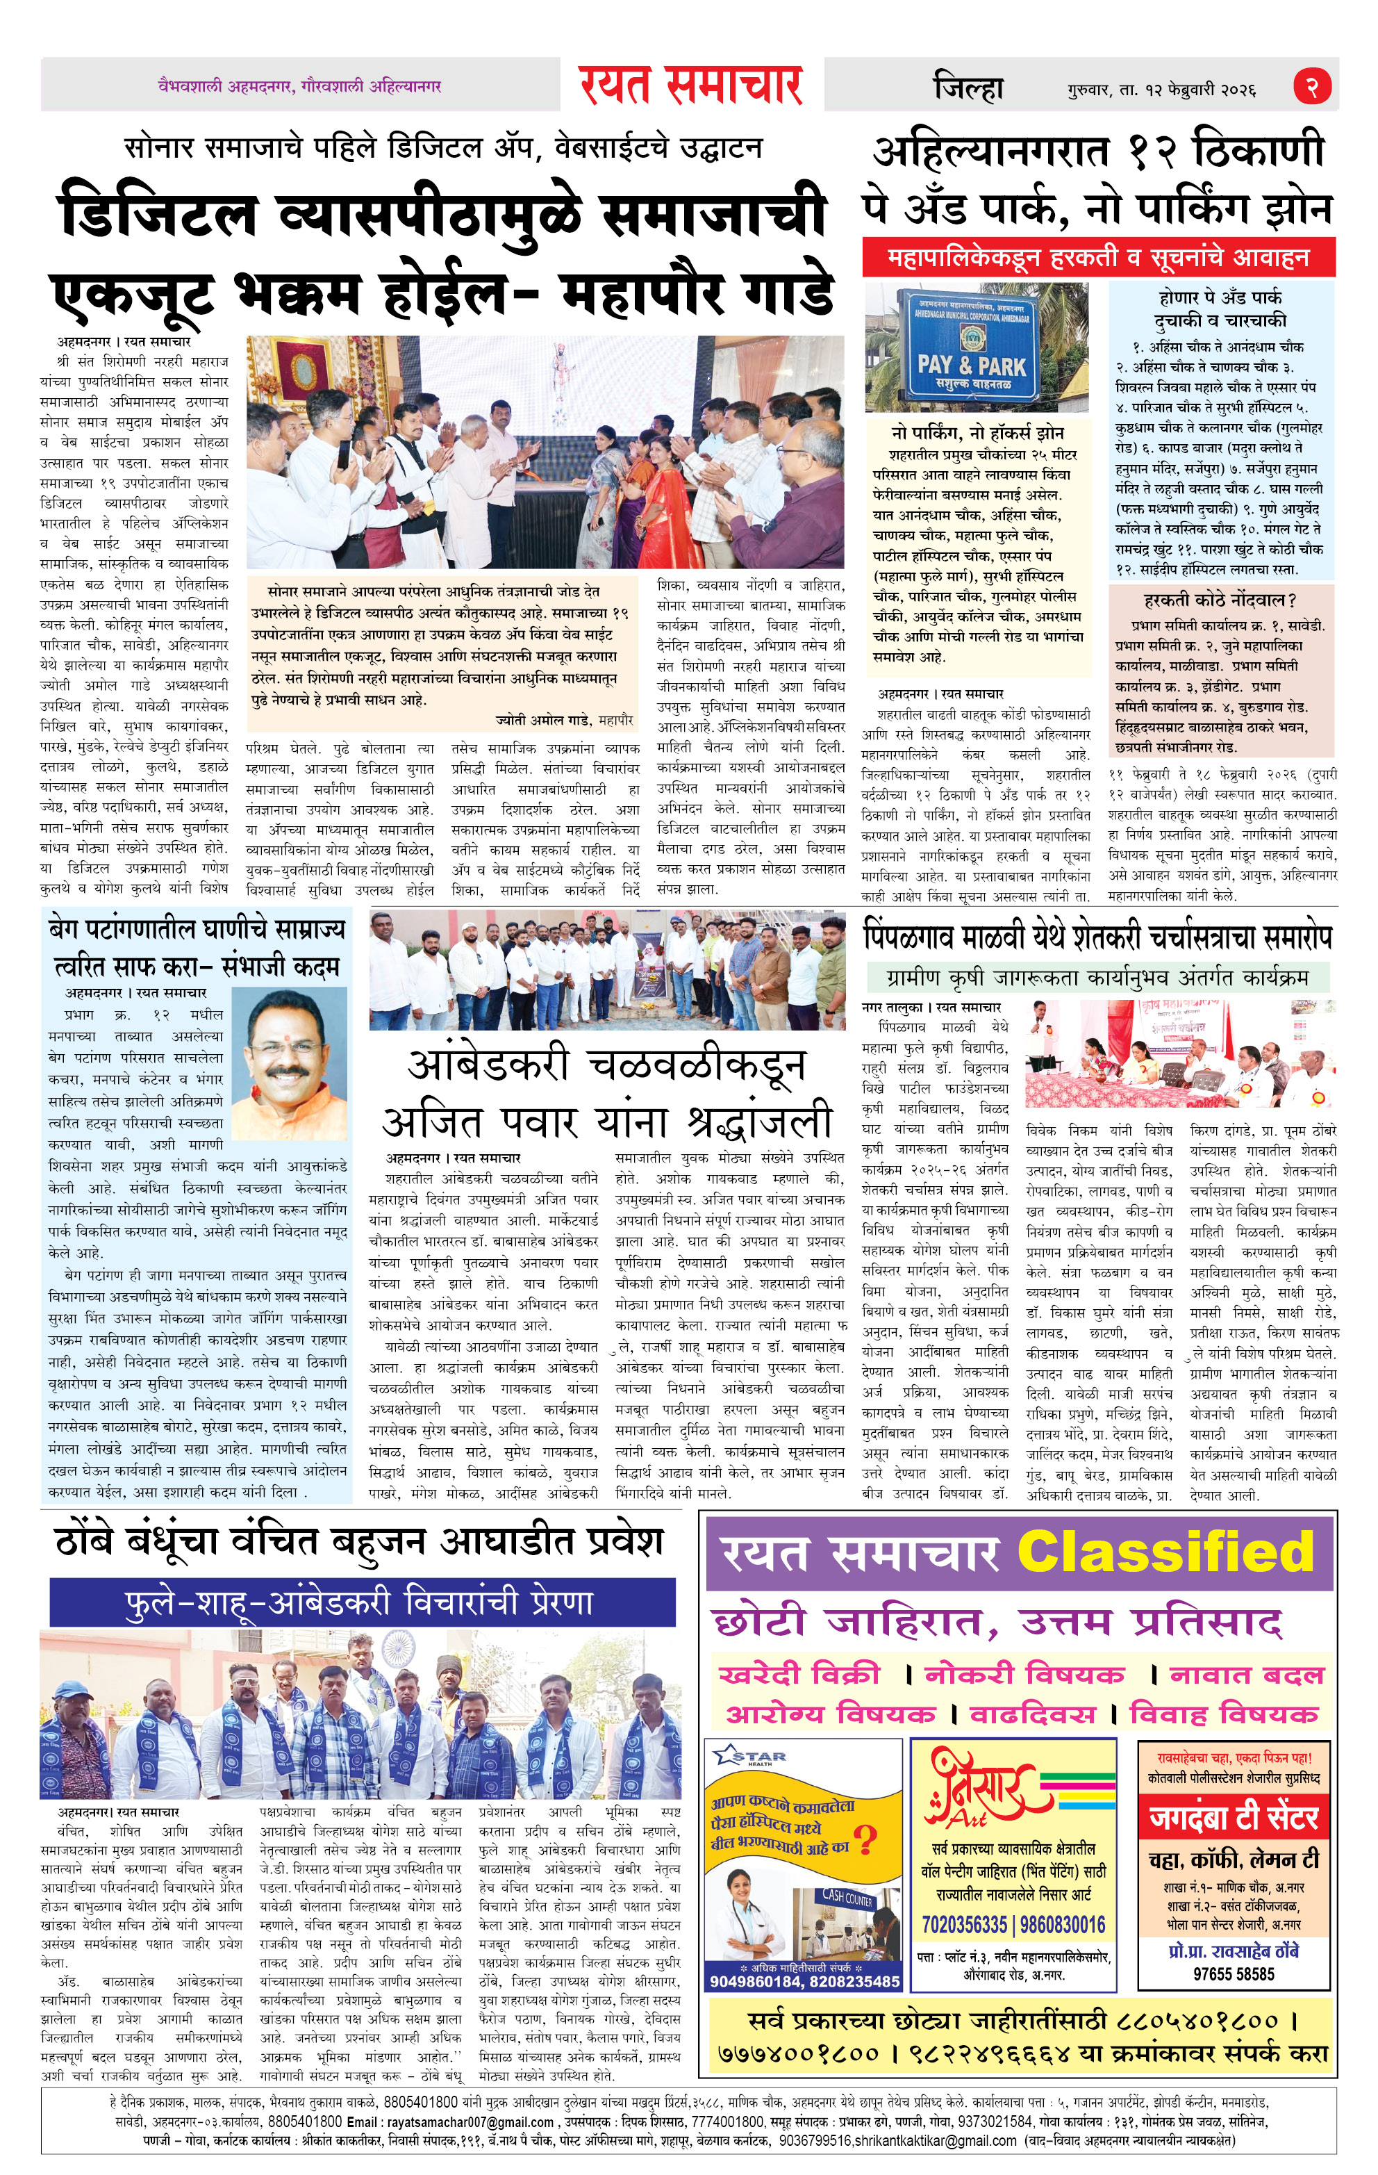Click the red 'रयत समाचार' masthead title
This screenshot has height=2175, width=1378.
(691, 85)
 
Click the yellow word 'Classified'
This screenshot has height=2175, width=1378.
(1165, 1551)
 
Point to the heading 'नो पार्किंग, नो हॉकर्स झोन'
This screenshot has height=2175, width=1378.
(977, 433)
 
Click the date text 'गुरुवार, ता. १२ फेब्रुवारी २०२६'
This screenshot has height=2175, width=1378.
(1161, 90)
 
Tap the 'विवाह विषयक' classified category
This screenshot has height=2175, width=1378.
(1224, 1714)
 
